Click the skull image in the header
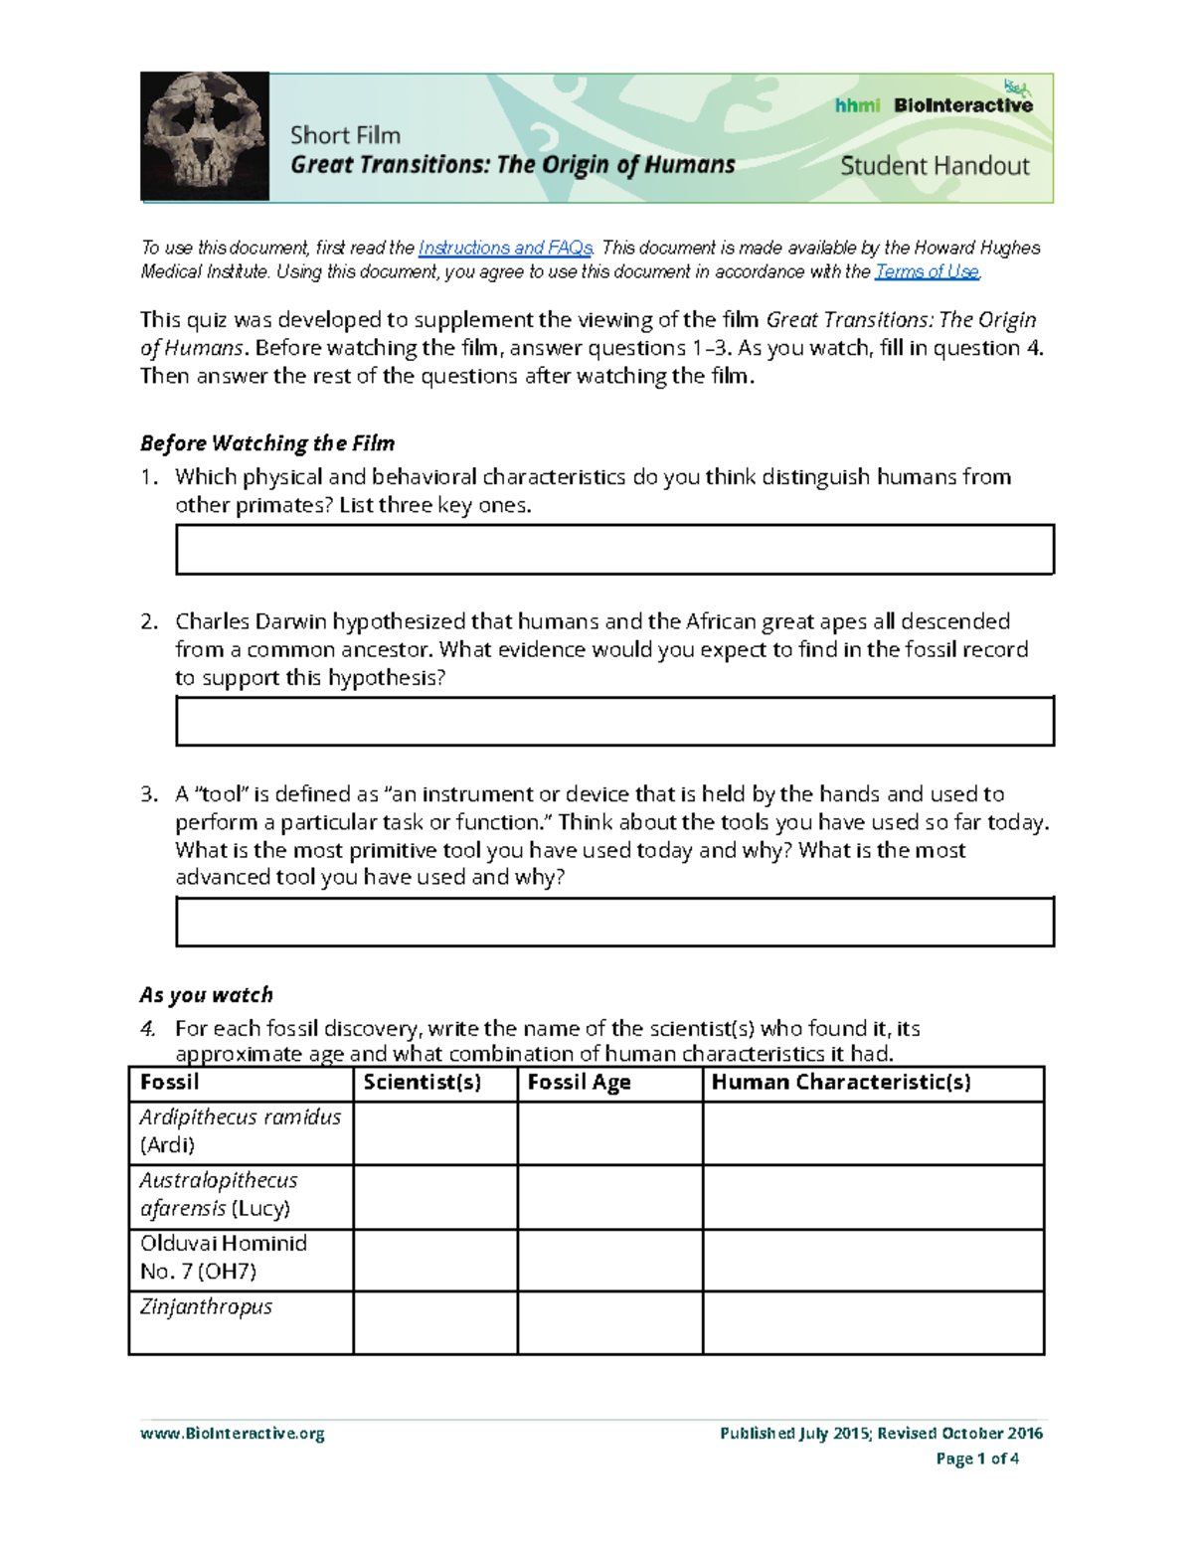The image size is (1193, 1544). [x=205, y=136]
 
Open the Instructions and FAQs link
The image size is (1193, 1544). [x=505, y=248]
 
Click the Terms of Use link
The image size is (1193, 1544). [x=927, y=271]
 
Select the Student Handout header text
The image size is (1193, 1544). [x=935, y=166]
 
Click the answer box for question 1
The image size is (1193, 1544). [x=614, y=550]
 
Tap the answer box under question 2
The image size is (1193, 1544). [x=614, y=722]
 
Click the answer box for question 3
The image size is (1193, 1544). [x=614, y=922]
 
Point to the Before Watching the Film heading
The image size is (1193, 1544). [x=267, y=443]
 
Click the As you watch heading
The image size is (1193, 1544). [x=206, y=995]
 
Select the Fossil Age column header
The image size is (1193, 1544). [x=579, y=1083]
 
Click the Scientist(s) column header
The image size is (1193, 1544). [x=423, y=1083]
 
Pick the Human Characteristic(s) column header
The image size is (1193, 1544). [x=841, y=1083]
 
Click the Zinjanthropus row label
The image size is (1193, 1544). [x=206, y=1307]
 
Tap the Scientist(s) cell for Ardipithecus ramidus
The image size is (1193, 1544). [x=435, y=1133]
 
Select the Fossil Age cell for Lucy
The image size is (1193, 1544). [x=609, y=1197]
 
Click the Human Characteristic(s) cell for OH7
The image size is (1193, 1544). [x=873, y=1260]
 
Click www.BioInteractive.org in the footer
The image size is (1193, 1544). [x=233, y=1433]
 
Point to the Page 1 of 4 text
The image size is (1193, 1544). [x=977, y=1458]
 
